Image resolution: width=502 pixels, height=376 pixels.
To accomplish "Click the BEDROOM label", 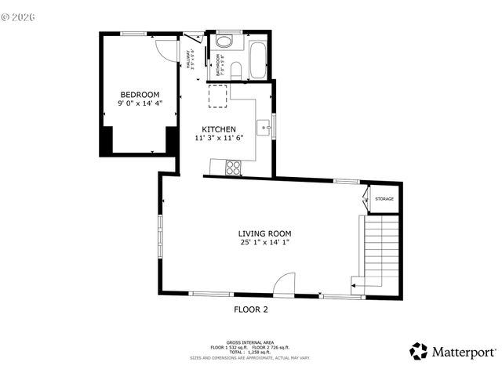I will [x=140, y=95].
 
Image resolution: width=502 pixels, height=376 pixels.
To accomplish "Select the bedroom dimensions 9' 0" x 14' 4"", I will [x=140, y=103].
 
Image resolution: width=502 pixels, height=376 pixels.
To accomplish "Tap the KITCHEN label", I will [x=219, y=129].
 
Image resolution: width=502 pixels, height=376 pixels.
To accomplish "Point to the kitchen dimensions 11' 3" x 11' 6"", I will [x=219, y=138].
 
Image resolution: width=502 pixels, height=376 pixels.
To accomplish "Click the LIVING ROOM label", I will [x=265, y=233].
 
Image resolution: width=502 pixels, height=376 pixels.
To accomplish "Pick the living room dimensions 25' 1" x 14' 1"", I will [x=265, y=243].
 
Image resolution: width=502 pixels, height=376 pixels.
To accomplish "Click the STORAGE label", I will [x=384, y=199].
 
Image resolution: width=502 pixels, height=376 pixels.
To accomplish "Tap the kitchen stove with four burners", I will [x=233, y=166].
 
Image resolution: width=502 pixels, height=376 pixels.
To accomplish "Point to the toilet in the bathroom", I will [x=236, y=71].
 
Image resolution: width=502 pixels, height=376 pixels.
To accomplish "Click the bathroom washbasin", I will [x=224, y=42].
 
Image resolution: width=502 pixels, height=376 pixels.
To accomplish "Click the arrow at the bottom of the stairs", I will [x=355, y=287].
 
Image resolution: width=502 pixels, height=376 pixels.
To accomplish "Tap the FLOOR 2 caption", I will [x=251, y=309].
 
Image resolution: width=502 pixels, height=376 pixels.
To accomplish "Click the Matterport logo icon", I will [x=419, y=351].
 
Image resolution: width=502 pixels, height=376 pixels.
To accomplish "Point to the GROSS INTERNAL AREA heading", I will [x=250, y=342].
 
